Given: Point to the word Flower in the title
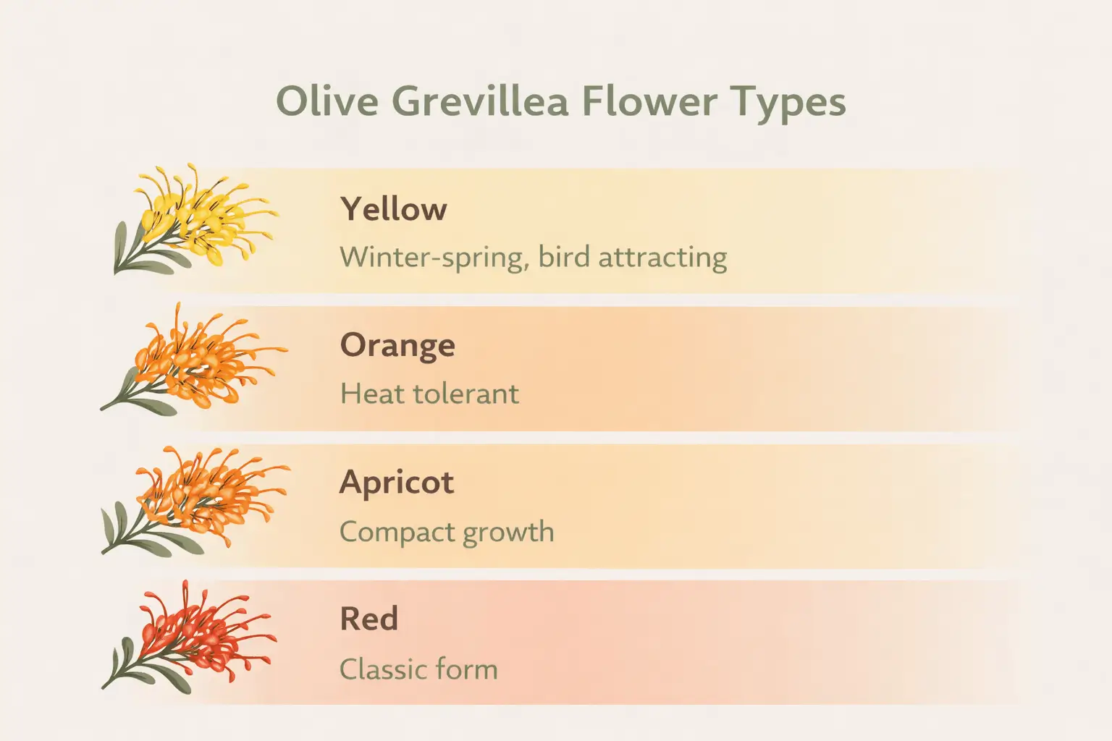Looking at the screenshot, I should point(649,101).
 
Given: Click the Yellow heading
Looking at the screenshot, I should point(393,209).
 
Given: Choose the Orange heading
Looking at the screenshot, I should point(397,346).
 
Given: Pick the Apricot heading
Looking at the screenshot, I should point(397,483).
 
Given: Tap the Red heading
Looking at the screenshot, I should point(368,619).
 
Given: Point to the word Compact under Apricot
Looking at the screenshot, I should point(397,533).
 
